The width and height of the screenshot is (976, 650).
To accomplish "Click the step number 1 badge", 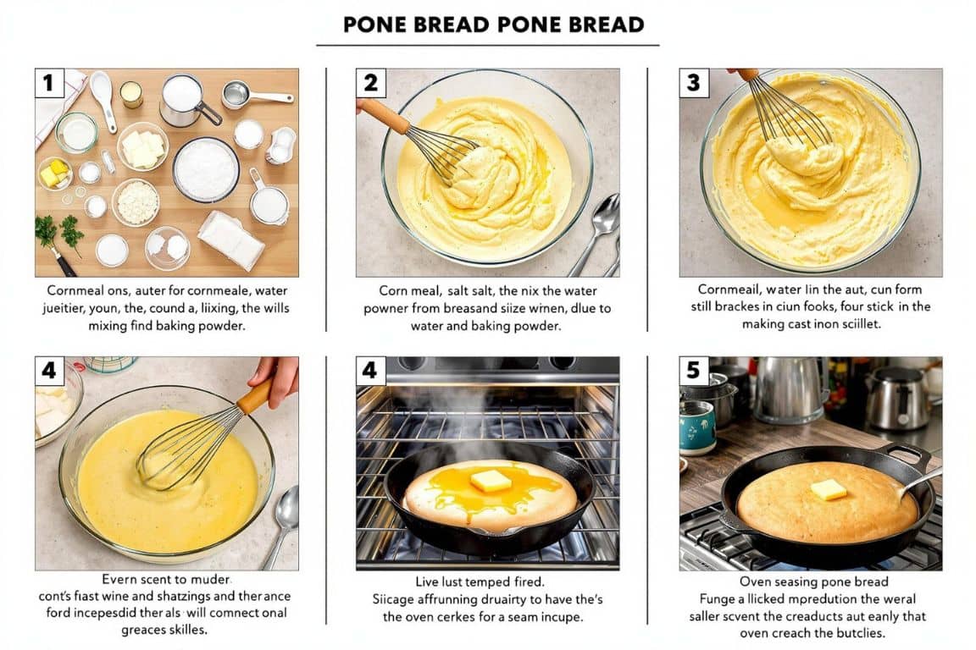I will coord(48,83).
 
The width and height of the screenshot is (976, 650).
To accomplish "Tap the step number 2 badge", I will coord(370,83).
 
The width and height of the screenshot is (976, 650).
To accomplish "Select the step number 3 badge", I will coord(694,83).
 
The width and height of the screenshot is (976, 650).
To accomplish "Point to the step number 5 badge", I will coord(694,371).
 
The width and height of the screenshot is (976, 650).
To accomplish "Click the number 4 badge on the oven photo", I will coord(370,371).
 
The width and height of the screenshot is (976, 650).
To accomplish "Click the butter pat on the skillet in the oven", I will coord(491,481).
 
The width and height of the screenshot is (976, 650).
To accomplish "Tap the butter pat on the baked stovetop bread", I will coord(828,489).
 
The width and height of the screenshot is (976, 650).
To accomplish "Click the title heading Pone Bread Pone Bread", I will coord(487,25).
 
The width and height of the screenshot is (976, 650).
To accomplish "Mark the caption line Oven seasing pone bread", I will coord(813,581).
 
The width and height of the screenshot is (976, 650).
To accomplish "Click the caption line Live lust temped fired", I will coord(480,581).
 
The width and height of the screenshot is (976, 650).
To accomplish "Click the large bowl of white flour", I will coord(206,169).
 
